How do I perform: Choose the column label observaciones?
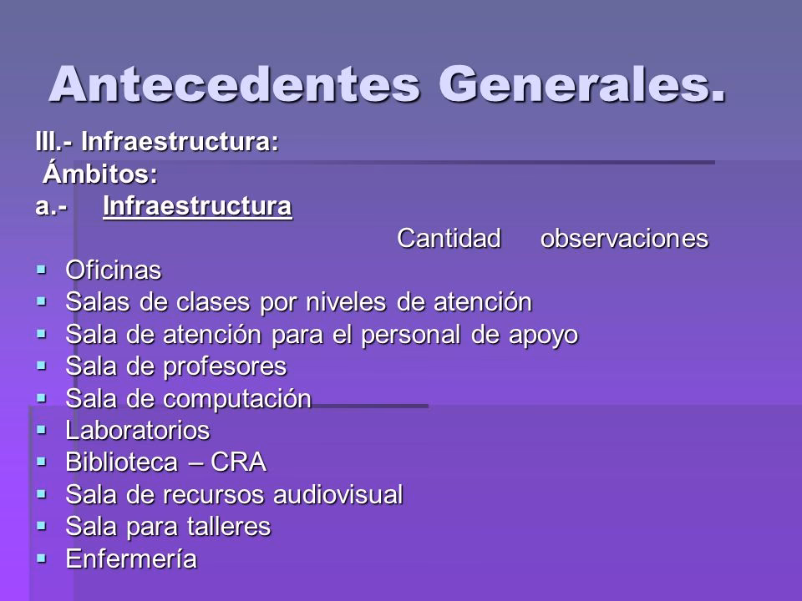625,239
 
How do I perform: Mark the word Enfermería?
132,558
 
